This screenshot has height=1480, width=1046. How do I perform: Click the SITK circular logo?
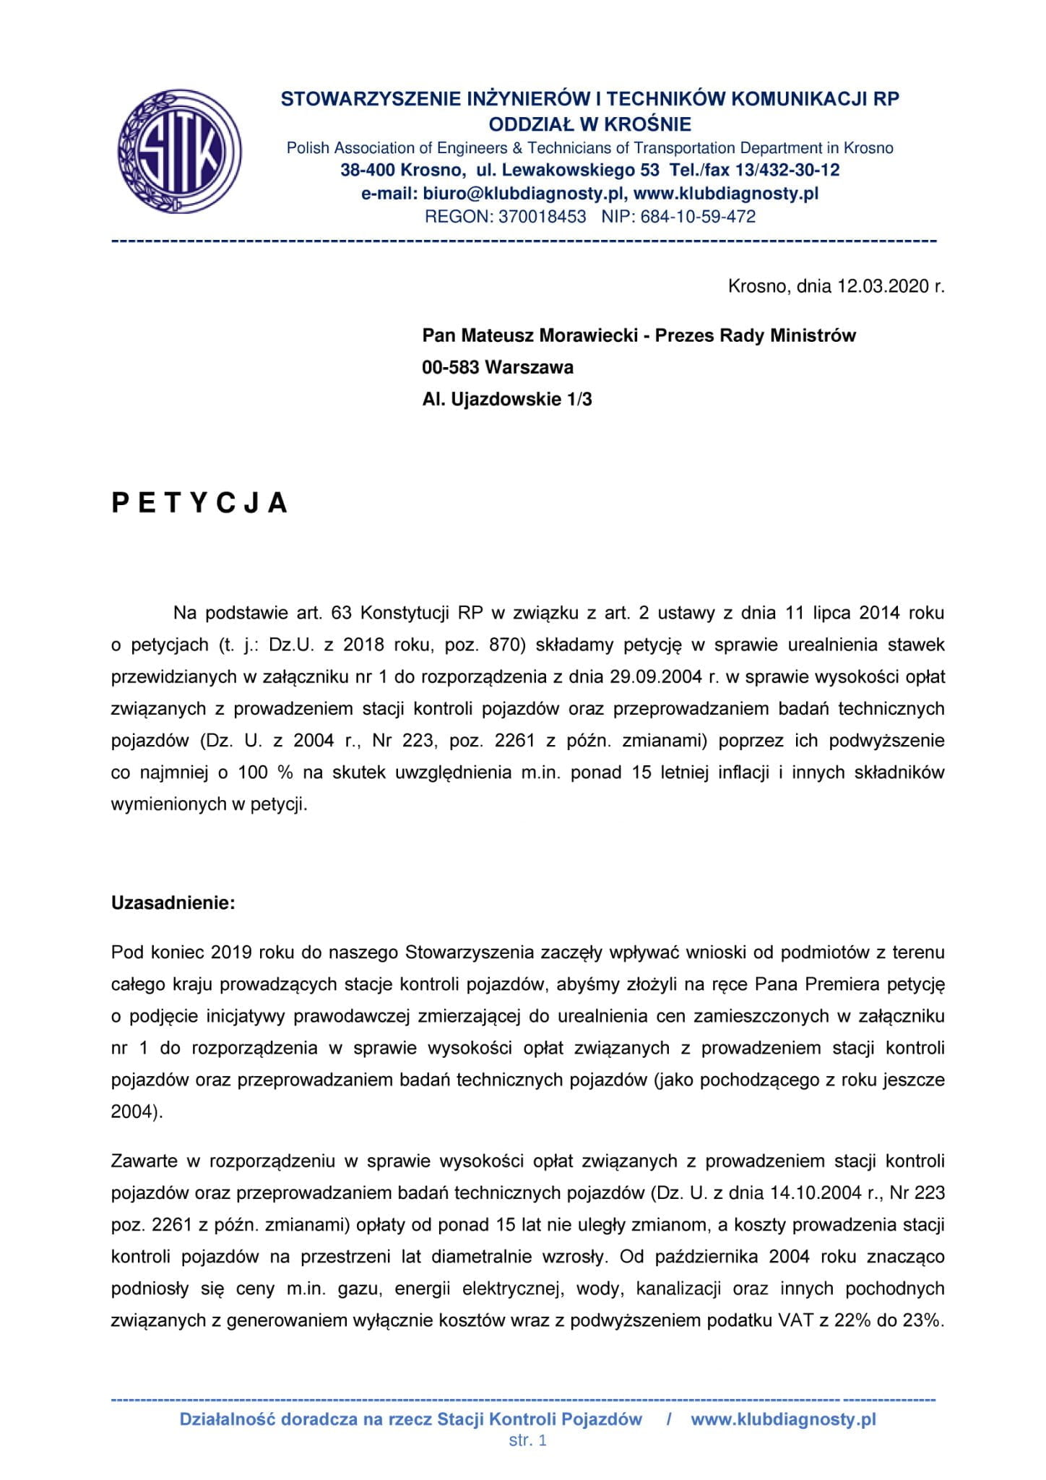pos(179,151)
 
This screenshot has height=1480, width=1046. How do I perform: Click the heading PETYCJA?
pos(199,503)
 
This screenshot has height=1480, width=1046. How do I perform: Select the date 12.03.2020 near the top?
pos(882,286)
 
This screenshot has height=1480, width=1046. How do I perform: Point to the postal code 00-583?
pos(451,367)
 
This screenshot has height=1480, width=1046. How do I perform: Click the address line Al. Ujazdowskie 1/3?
pos(507,399)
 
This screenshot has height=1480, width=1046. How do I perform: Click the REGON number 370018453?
pos(542,216)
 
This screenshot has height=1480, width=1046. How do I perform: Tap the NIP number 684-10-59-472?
pos(698,216)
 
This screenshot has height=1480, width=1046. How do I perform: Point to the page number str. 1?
pos(527,1440)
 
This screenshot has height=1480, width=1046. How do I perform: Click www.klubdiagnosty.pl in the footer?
pos(783,1419)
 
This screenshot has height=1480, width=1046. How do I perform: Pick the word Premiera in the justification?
pos(845,984)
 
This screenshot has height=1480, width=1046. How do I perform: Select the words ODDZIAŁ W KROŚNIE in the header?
pos(590,124)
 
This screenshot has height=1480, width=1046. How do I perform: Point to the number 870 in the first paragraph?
pos(507,645)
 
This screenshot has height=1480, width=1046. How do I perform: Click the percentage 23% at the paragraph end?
pos(923,1320)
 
